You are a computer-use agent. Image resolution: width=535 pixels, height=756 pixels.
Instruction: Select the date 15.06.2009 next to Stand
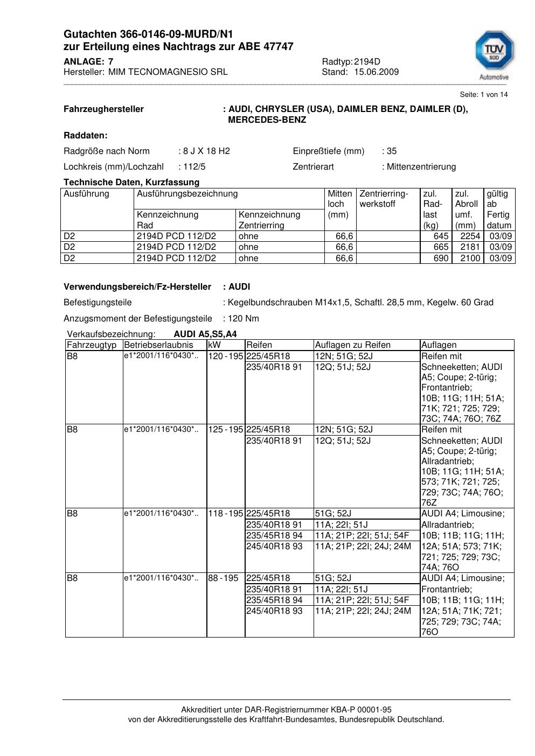[x=376, y=72]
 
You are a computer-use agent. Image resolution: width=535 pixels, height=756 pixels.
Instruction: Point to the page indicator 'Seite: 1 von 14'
[x=483, y=94]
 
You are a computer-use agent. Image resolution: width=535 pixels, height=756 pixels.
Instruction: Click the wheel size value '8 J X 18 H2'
[x=206, y=151]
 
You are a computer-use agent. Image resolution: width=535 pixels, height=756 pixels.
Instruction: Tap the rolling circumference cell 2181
[x=470, y=247]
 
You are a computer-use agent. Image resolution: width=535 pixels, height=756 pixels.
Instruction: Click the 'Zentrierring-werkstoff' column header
[x=384, y=199]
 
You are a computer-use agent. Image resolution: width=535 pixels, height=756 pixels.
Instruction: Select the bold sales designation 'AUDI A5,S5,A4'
[x=205, y=334]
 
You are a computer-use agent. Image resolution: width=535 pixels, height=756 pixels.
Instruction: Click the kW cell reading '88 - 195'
[x=223, y=578]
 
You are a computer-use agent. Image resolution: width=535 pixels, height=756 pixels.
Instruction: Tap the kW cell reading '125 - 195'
[x=225, y=429]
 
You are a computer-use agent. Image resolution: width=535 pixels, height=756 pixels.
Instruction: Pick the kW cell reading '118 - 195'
[x=225, y=513]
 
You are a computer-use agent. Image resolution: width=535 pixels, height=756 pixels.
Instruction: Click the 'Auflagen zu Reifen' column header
[x=352, y=345]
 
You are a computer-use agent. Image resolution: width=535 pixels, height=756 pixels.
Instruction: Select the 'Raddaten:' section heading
[x=86, y=135]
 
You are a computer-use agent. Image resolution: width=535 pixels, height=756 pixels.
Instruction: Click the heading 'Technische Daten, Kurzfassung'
[x=131, y=182]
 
